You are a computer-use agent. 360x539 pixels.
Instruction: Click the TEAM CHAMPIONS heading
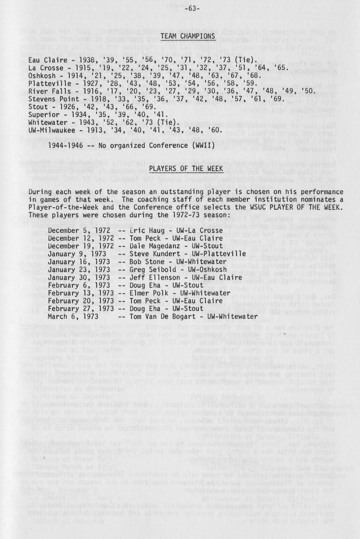[188, 36]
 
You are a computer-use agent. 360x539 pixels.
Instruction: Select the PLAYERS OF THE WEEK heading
[186, 169]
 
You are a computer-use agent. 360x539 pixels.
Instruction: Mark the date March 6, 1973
[73, 316]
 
